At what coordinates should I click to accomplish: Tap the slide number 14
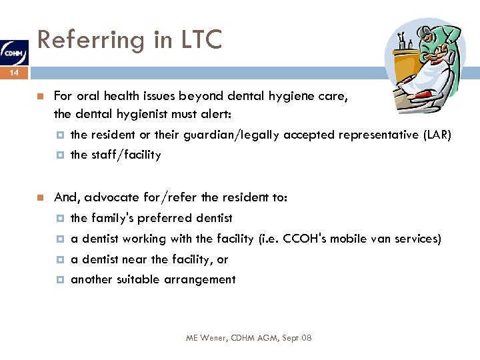click(x=13, y=73)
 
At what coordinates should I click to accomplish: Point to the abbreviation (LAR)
click(x=437, y=135)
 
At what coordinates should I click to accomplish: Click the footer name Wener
click(x=214, y=339)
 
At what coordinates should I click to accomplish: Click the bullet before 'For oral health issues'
click(x=40, y=96)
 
